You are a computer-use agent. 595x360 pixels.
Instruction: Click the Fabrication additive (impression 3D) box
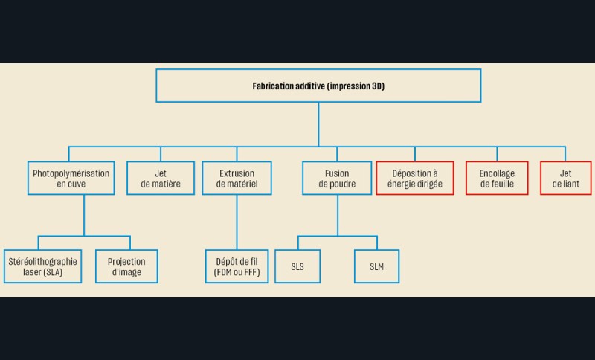click(318, 86)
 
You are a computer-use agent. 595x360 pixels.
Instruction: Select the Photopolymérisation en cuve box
click(71, 179)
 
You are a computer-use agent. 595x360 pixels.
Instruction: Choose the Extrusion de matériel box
click(237, 179)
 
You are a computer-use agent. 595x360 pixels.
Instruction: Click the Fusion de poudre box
click(337, 179)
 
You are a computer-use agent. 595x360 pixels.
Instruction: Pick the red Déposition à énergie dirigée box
click(415, 179)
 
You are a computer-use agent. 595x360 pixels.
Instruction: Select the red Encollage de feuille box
click(497, 179)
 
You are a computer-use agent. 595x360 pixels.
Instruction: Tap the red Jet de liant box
click(565, 179)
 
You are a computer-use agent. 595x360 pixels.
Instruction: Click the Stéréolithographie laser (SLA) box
click(43, 266)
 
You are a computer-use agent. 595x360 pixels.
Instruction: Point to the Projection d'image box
click(126, 266)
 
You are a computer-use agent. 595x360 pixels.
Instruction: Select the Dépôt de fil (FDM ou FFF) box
click(237, 266)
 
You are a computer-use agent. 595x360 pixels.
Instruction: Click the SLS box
click(298, 266)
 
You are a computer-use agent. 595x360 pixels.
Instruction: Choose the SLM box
click(376, 266)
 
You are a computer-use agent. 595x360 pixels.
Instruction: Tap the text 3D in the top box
click(377, 86)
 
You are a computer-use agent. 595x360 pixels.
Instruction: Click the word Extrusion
click(237, 173)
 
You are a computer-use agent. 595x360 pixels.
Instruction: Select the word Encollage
click(497, 173)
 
